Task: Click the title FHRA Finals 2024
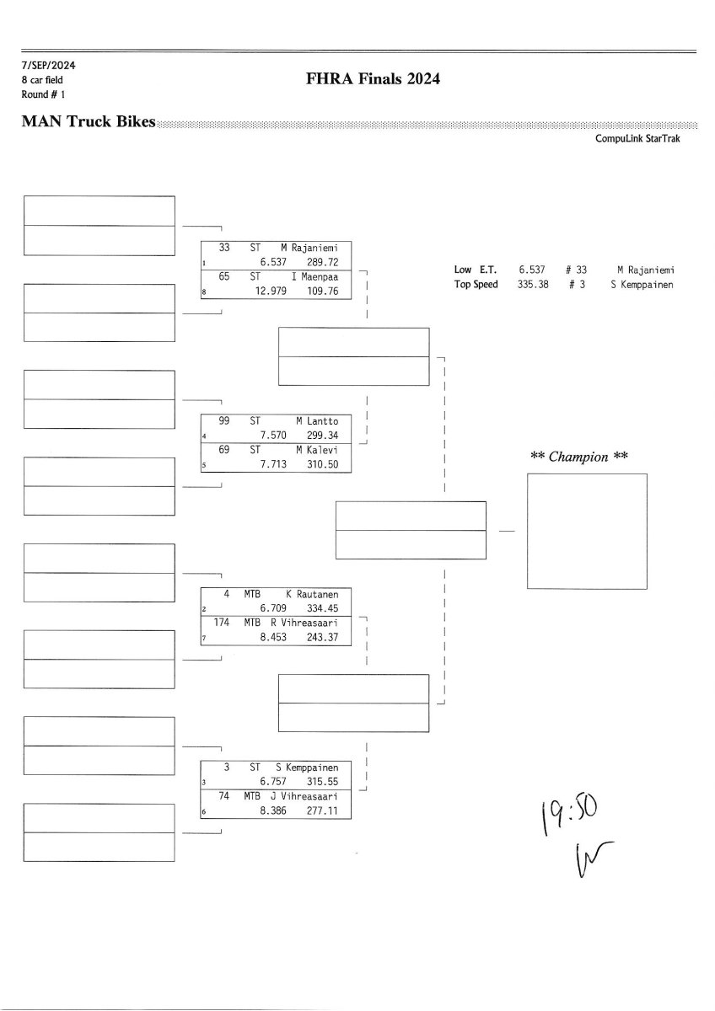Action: click(x=374, y=80)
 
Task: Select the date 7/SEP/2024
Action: click(x=49, y=65)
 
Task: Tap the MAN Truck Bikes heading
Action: click(x=89, y=122)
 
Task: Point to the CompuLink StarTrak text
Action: click(x=637, y=138)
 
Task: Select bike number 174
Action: click(x=223, y=623)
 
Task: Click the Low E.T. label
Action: click(x=476, y=270)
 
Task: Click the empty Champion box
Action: click(x=587, y=531)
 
